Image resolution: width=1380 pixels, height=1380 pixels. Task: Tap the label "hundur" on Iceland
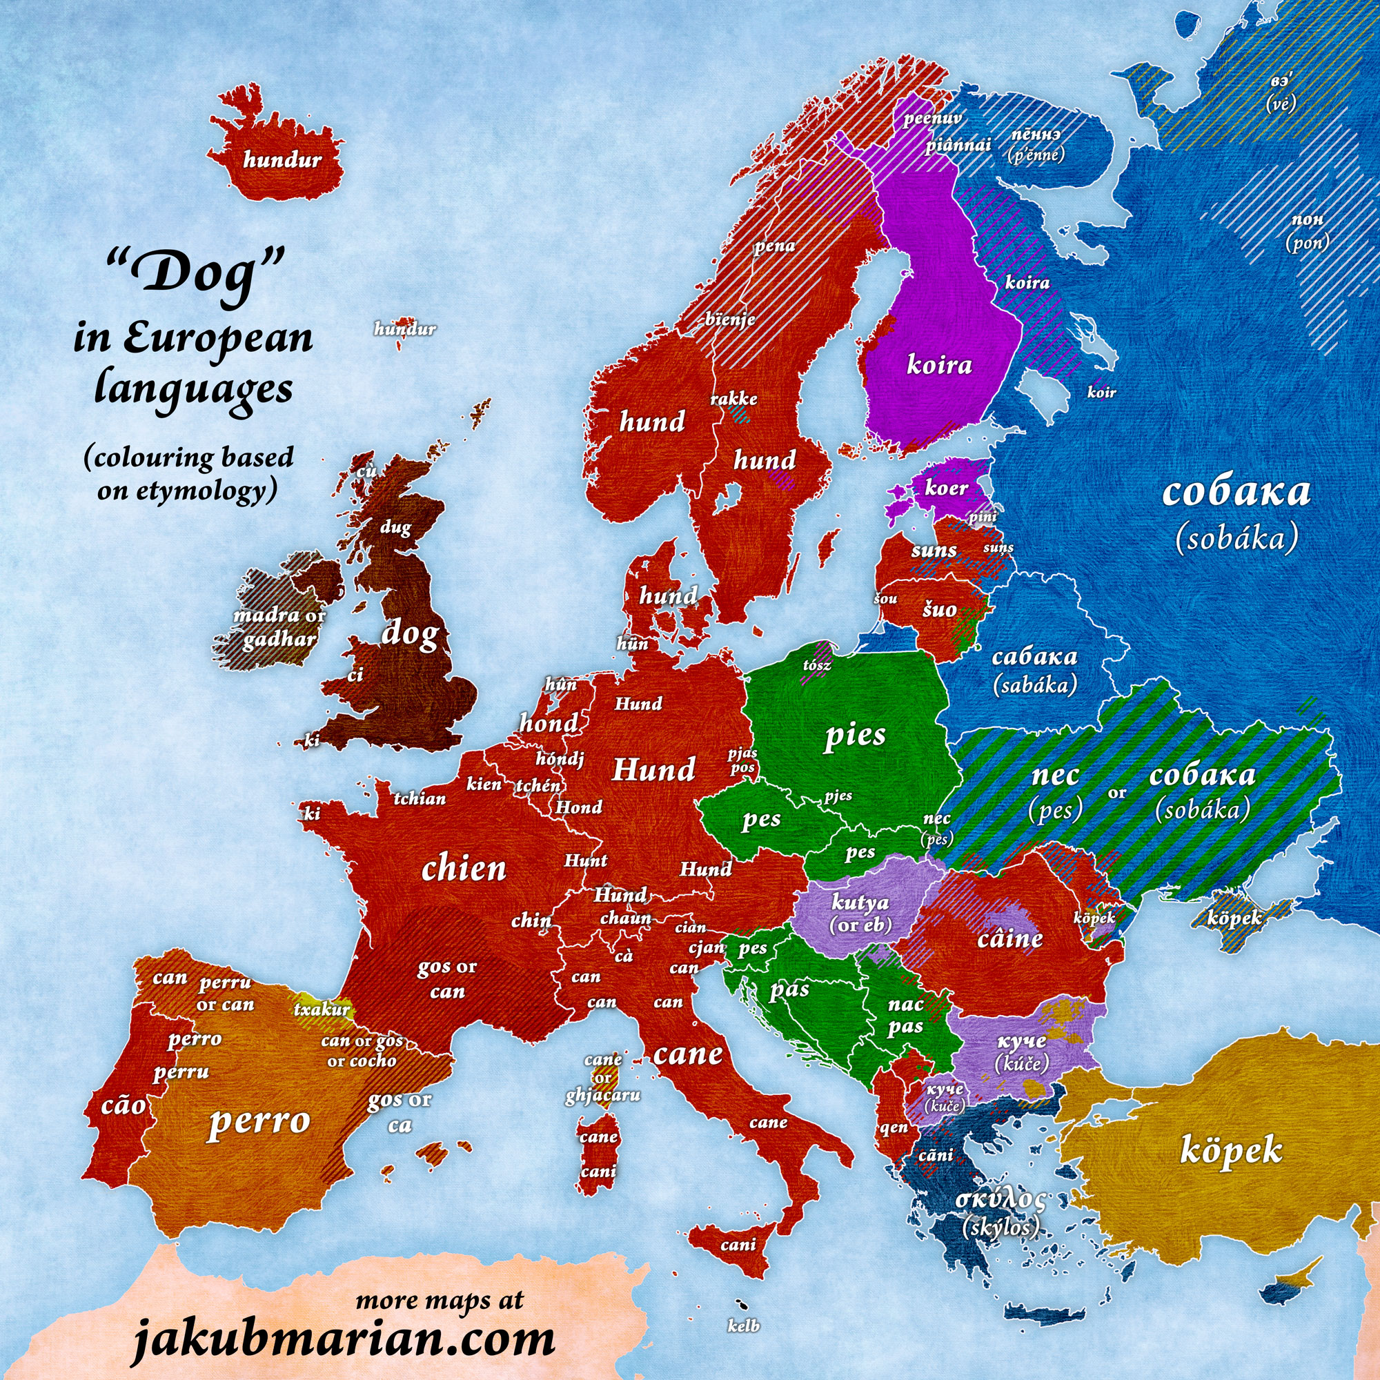[282, 160]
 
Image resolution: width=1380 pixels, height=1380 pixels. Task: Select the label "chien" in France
[464, 869]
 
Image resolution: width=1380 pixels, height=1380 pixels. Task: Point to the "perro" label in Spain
[259, 1121]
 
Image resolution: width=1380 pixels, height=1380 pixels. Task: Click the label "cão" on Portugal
[124, 1105]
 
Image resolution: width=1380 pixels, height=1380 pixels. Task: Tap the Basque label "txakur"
[322, 1009]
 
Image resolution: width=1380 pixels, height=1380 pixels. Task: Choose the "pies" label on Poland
[855, 735]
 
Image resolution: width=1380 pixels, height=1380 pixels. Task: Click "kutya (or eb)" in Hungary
[860, 913]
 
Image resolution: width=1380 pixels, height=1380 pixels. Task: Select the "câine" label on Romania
[1010, 938]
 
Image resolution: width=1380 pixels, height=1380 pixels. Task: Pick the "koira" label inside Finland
[939, 365]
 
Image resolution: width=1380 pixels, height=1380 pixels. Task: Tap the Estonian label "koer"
[946, 489]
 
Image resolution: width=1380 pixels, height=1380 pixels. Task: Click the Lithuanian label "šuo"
[938, 609]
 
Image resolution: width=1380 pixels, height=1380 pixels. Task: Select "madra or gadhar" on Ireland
[279, 627]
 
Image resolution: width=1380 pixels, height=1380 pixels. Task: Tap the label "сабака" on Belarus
[1034, 658]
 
